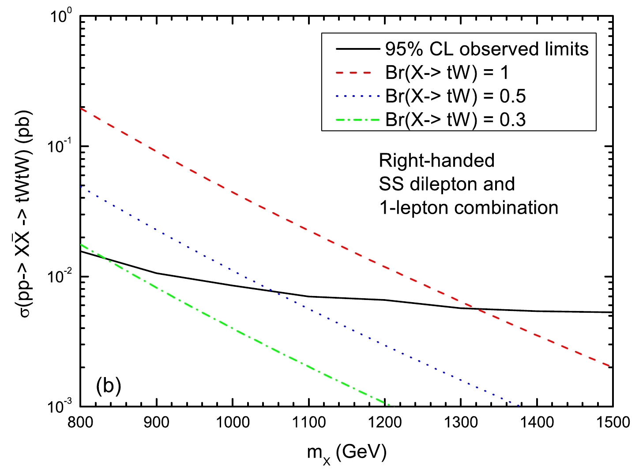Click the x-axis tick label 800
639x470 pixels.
[80, 422]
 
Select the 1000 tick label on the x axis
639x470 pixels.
[232, 422]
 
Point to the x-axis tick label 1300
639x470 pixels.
[461, 422]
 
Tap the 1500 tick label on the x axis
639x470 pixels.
[613, 422]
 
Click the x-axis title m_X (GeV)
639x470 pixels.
[347, 452]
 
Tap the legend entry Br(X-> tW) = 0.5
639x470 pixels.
[455, 96]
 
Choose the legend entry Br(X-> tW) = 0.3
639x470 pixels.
[455, 119]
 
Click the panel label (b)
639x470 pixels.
[108, 386]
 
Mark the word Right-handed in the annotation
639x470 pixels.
[436, 160]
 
